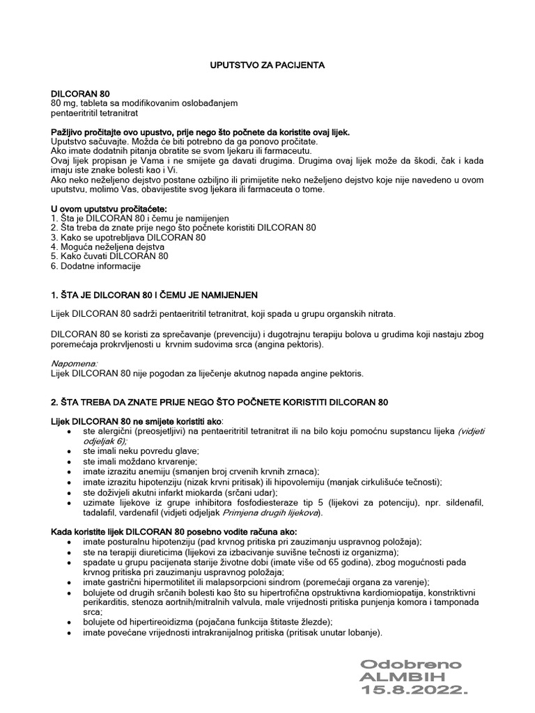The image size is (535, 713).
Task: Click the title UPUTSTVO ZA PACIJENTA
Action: click(x=267, y=65)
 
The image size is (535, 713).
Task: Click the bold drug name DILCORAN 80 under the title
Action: click(x=79, y=93)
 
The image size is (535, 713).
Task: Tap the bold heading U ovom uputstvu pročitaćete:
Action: click(x=109, y=208)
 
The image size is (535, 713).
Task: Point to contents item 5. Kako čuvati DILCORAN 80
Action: click(x=110, y=256)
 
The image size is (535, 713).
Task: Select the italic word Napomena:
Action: click(x=75, y=363)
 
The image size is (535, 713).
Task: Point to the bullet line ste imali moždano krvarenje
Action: click(x=140, y=461)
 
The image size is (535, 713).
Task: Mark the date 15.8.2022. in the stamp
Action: click(x=414, y=689)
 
